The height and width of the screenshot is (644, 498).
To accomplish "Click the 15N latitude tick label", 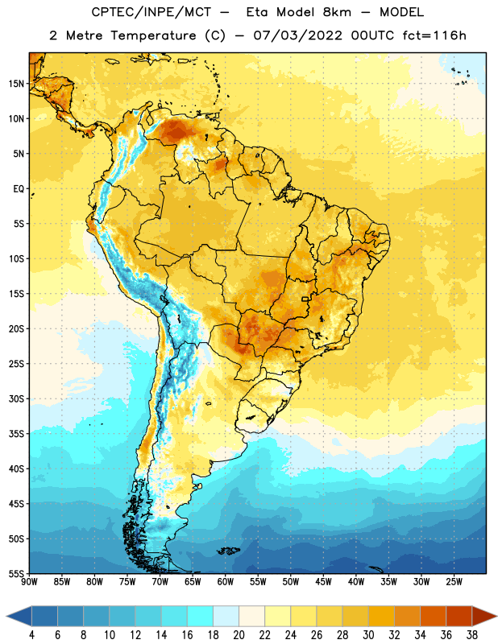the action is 16,84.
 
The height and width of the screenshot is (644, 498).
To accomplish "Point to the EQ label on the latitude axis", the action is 19,189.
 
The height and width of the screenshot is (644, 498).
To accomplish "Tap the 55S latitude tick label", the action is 16,573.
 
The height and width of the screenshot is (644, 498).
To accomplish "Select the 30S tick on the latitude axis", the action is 16,398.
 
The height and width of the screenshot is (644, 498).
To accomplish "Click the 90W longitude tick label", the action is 29,582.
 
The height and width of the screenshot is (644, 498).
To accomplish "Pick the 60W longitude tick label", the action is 226,582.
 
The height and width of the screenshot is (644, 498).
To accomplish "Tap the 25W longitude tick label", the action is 454,582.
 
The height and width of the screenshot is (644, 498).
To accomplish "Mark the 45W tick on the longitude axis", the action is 323,582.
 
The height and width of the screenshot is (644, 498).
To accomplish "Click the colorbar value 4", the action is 31,635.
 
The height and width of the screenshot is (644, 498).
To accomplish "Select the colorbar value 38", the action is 472,635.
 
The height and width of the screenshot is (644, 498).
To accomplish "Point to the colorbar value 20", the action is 239,635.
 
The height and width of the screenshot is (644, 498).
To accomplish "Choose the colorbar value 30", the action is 368,635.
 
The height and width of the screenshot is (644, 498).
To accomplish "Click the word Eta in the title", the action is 257,12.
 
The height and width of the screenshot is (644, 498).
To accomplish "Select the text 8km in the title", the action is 337,12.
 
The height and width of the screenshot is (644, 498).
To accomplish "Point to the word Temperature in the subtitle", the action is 153,35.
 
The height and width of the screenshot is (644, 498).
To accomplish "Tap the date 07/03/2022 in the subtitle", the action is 297,35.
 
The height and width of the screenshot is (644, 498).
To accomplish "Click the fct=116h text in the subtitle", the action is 434,35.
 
